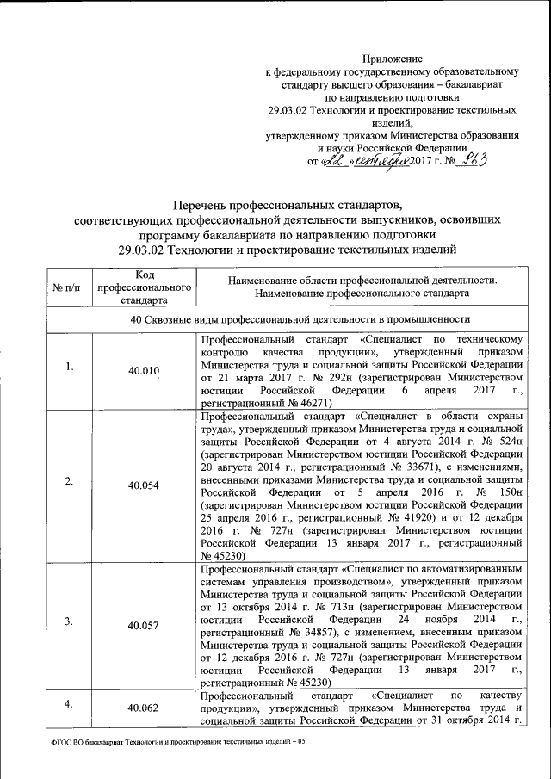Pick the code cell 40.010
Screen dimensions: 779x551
[144, 370]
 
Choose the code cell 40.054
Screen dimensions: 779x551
[144, 485]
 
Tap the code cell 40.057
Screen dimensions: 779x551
[144, 625]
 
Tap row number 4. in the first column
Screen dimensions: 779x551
[69, 703]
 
